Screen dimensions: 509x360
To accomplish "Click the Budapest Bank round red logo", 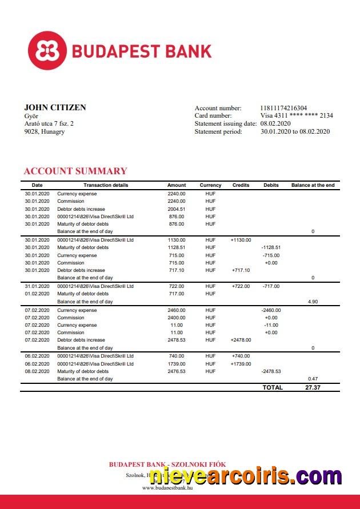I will click(x=47, y=51).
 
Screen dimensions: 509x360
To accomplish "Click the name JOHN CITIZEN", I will click(x=55, y=107).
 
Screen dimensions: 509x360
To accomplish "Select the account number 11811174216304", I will click(x=283, y=108).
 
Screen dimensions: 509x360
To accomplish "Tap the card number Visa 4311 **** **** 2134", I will click(x=297, y=115).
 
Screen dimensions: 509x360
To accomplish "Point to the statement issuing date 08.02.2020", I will click(x=275, y=123).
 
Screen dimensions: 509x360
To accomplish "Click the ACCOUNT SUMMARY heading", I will click(x=75, y=171).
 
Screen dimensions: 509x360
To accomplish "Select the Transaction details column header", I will click(x=106, y=185).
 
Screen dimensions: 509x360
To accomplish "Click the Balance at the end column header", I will click(x=313, y=185).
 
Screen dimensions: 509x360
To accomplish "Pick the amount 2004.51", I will click(x=177, y=209).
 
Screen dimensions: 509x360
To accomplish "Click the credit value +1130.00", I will click(x=241, y=240).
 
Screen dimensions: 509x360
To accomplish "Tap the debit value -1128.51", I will click(x=271, y=247).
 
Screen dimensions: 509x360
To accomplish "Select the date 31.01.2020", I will click(x=37, y=286).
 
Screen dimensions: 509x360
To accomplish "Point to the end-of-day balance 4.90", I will click(x=313, y=301).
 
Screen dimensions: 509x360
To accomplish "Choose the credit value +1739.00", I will click(x=241, y=364).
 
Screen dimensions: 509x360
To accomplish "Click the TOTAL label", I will click(x=273, y=387).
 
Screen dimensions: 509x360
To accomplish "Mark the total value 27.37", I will click(x=313, y=387).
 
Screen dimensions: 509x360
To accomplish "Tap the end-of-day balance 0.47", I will click(x=313, y=379).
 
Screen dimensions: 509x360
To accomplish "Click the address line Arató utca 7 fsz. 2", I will click(x=49, y=123).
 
